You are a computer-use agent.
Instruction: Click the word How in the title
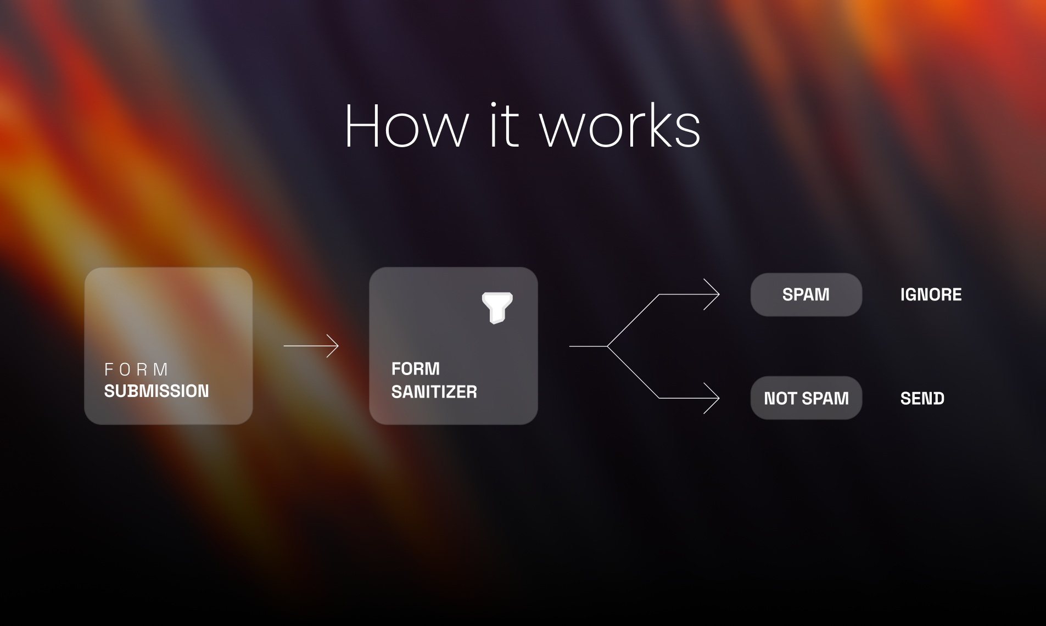407,126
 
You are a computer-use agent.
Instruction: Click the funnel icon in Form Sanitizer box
497,308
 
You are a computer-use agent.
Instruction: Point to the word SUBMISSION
156,391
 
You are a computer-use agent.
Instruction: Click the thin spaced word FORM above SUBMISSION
136,370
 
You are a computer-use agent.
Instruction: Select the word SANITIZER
434,392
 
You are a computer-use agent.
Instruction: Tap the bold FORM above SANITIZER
416,368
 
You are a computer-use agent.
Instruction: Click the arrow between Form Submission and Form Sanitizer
311,346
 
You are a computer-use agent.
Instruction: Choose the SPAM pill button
806,294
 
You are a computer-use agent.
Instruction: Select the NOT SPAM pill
806,398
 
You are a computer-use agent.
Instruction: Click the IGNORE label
931,295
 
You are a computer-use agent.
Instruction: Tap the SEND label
922,399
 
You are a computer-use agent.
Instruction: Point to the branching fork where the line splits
607,346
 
